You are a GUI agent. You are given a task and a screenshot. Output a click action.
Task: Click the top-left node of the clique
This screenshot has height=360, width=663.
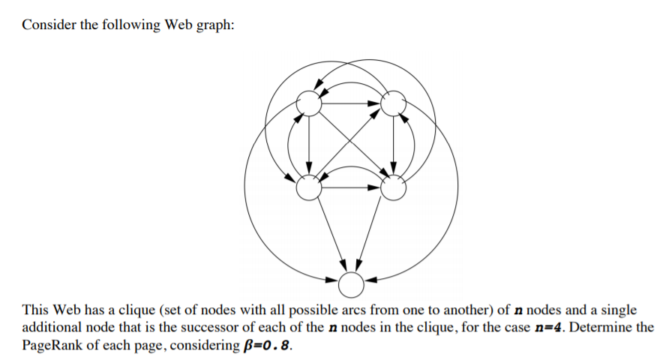[309, 104]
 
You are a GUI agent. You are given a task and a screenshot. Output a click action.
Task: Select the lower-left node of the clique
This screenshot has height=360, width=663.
[308, 189]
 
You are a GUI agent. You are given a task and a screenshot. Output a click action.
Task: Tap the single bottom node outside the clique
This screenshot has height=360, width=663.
[351, 283]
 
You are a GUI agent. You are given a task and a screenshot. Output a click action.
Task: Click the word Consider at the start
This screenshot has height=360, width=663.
[46, 25]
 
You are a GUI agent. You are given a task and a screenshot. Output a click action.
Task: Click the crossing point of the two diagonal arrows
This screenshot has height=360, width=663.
[351, 146]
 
